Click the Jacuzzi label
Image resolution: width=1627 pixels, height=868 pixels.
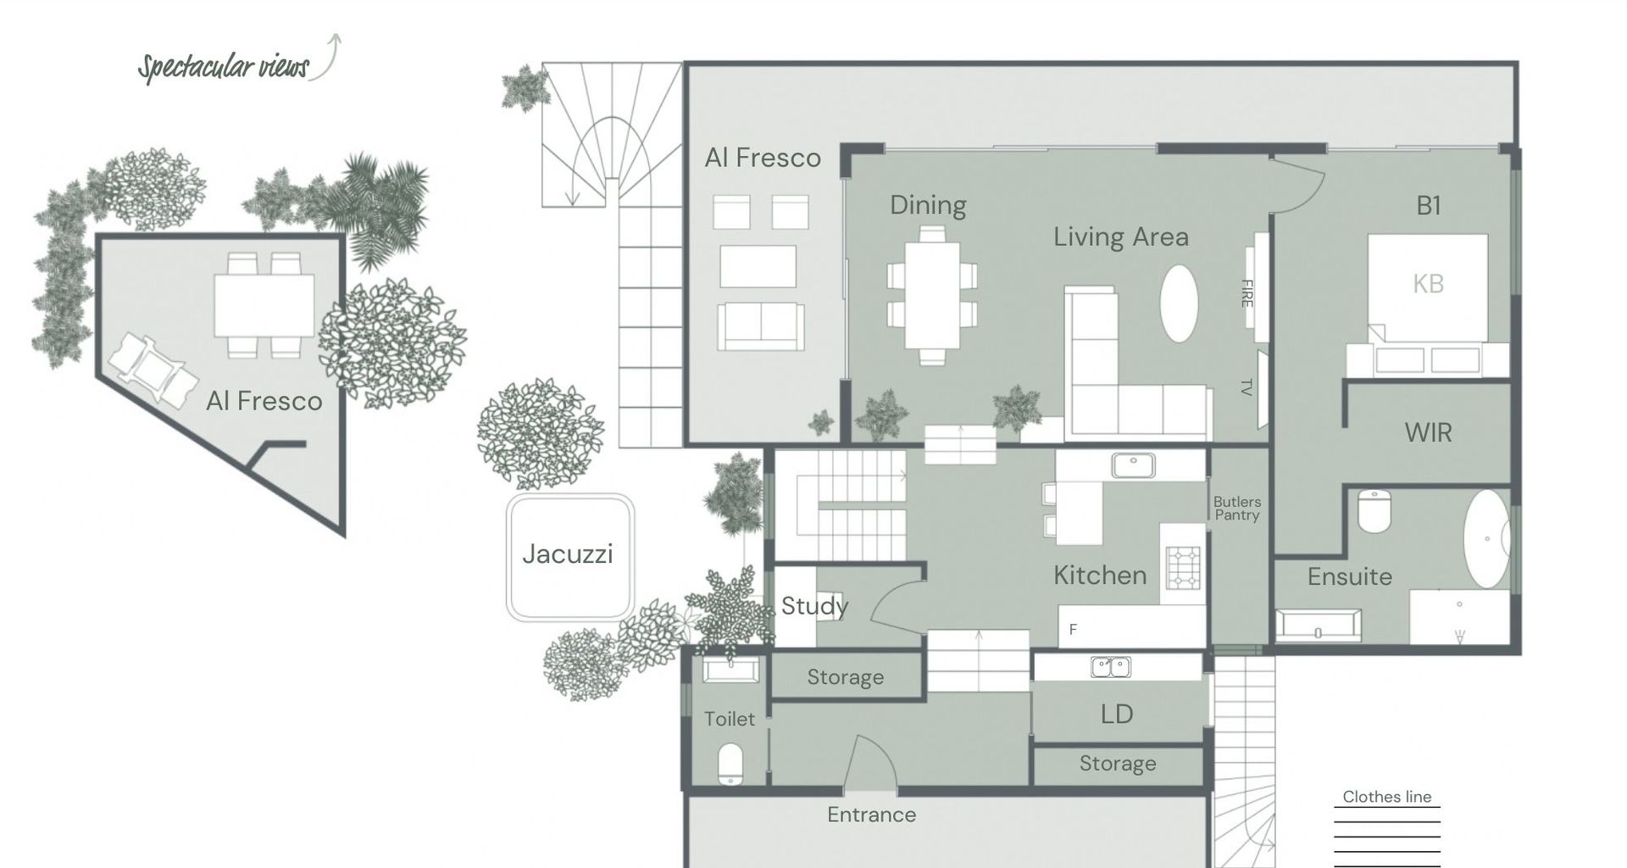pyautogui.click(x=567, y=554)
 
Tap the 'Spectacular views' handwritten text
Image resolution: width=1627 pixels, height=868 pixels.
pyautogui.click(x=225, y=66)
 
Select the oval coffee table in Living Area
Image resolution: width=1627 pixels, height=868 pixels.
pyautogui.click(x=1178, y=303)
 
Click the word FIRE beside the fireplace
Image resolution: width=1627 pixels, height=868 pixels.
pyautogui.click(x=1247, y=293)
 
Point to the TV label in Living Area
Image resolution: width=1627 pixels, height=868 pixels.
pyautogui.click(x=1246, y=387)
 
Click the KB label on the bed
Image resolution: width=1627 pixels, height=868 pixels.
pyautogui.click(x=1428, y=284)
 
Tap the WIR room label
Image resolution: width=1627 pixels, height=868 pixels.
pyautogui.click(x=1428, y=433)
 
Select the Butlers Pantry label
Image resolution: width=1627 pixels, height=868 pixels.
pyautogui.click(x=1236, y=509)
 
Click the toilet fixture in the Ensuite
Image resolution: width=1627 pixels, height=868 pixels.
pyautogui.click(x=1374, y=510)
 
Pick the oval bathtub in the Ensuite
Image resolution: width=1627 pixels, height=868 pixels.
pyautogui.click(x=1487, y=538)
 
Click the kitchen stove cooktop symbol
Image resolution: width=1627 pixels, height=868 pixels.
pyautogui.click(x=1183, y=568)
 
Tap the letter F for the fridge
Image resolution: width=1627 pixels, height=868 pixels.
pyautogui.click(x=1073, y=630)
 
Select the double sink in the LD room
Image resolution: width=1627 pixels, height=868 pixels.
pyautogui.click(x=1110, y=667)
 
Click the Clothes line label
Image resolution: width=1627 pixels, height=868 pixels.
pyautogui.click(x=1386, y=797)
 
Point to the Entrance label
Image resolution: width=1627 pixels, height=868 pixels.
pyautogui.click(x=871, y=815)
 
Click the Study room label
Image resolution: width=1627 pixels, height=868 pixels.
pyautogui.click(x=813, y=606)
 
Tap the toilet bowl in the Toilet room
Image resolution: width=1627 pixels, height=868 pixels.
pyautogui.click(x=730, y=763)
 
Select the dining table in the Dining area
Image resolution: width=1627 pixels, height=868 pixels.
pyautogui.click(x=931, y=295)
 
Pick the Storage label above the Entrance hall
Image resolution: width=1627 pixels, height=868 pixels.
pyautogui.click(x=845, y=677)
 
